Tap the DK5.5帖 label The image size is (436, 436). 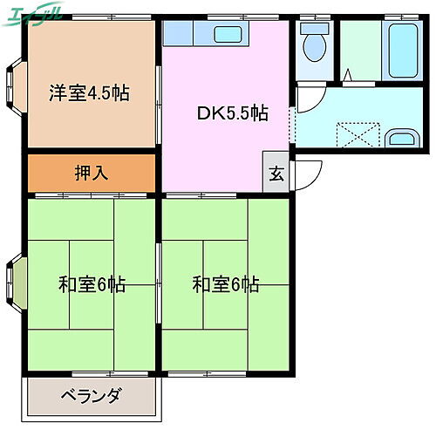tap(231, 113)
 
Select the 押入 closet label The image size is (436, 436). tap(92, 173)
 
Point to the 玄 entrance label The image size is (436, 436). tap(276, 173)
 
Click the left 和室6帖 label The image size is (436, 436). tap(92, 284)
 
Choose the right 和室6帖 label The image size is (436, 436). tap(226, 284)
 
